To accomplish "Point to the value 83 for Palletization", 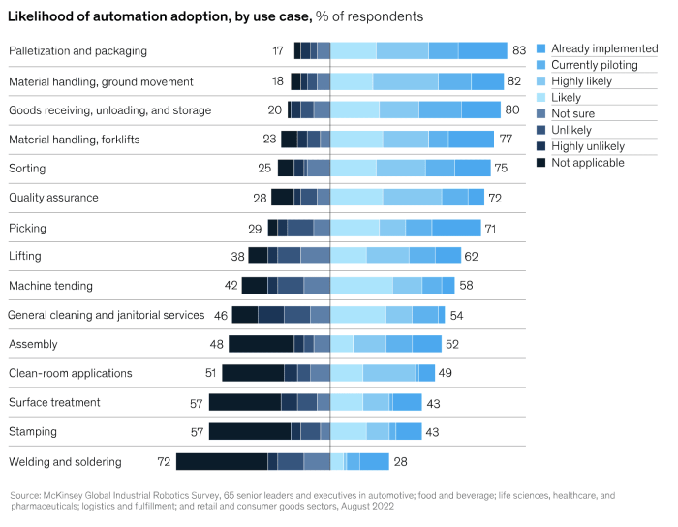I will click(x=518, y=50).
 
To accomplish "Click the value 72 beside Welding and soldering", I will click(x=164, y=461).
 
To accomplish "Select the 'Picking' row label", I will click(x=27, y=228).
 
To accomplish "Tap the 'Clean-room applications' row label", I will click(x=70, y=373).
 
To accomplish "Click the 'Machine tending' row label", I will click(x=50, y=286).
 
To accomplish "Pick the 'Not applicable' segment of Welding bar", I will click(x=222, y=461).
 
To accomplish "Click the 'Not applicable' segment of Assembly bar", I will click(x=261, y=344).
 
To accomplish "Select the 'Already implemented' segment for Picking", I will click(x=455, y=228).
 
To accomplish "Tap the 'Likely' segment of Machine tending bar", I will click(x=362, y=286).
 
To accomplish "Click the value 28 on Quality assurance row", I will click(x=261, y=198).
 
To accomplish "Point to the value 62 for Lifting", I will click(x=472, y=257).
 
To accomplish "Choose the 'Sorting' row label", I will click(x=27, y=169).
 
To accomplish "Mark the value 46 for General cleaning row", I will click(x=220, y=315).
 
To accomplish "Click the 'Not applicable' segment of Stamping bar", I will click(x=250, y=431).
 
